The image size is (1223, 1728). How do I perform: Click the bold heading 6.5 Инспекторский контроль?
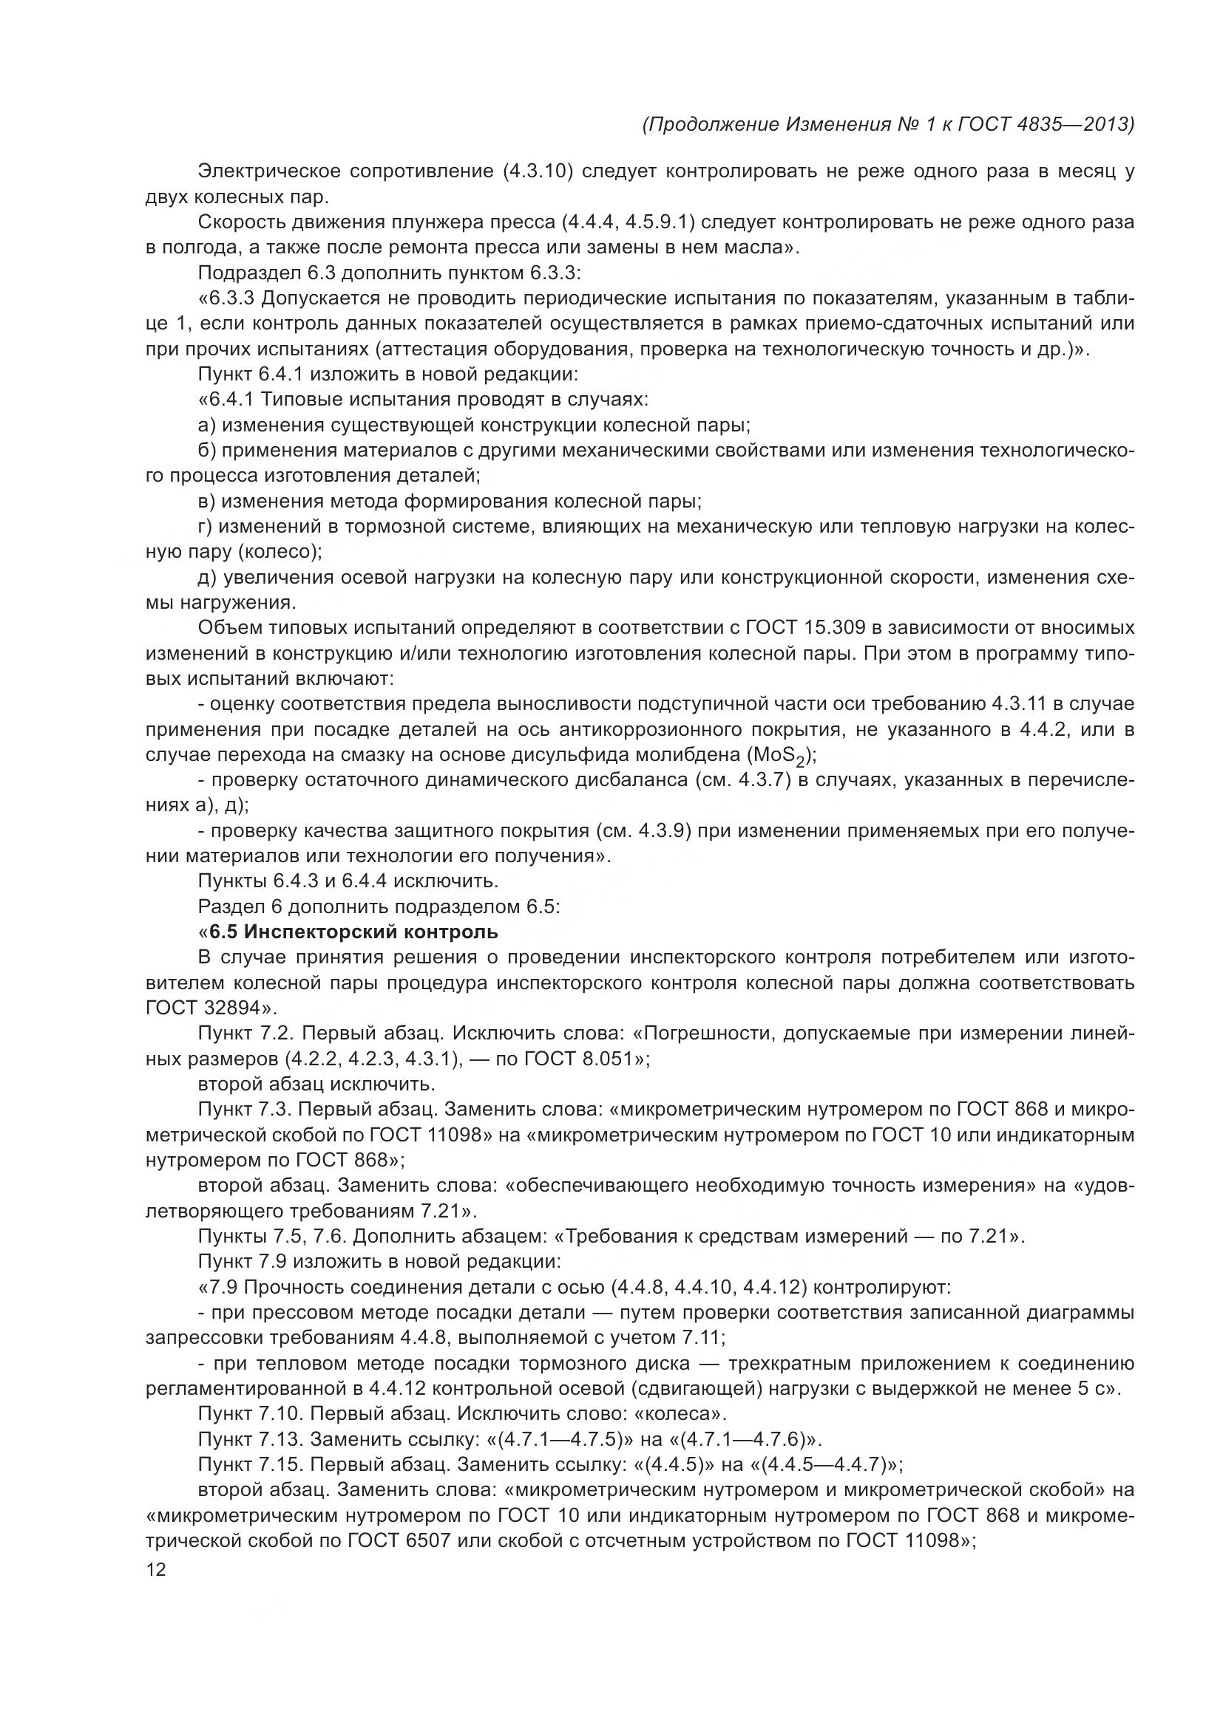pyautogui.click(x=353, y=932)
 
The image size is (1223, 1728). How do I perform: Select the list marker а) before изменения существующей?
pyautogui.click(x=207, y=426)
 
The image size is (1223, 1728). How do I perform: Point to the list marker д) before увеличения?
pyautogui.click(x=207, y=577)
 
